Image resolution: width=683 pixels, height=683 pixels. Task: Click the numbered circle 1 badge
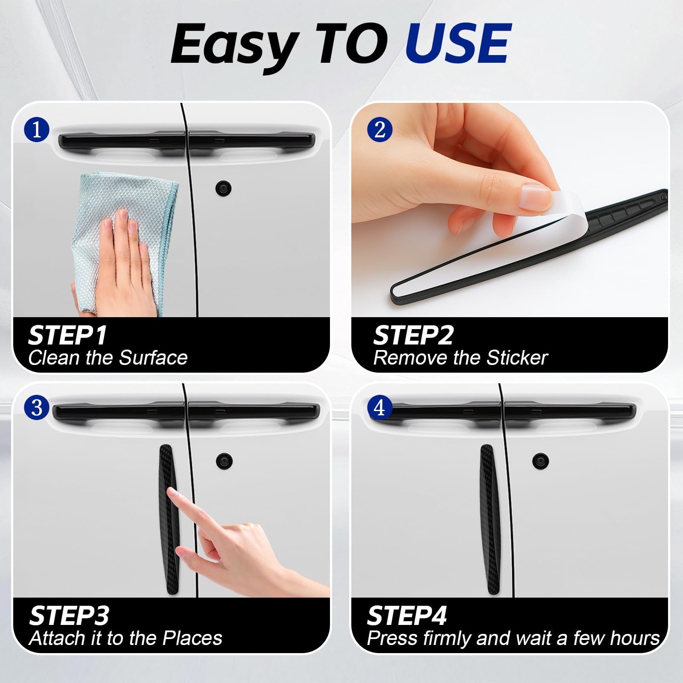37,129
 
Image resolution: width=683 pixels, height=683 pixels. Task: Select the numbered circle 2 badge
379,129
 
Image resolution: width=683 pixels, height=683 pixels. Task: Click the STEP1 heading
67,335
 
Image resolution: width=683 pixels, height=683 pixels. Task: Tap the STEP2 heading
413,335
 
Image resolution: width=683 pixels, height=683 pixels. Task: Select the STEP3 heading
69,616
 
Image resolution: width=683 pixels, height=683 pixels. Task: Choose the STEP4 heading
407,616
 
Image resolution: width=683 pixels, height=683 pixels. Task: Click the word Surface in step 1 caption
153,358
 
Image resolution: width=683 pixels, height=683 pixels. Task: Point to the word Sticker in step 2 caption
517,358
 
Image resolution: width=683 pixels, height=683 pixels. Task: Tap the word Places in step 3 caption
193,638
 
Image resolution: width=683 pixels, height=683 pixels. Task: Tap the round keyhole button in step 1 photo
223,187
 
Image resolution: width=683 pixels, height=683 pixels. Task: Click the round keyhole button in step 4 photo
540,461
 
